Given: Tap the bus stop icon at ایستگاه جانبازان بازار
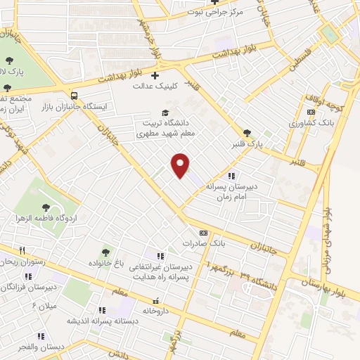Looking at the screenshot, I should (75, 94).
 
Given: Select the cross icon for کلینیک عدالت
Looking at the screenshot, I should (155, 75).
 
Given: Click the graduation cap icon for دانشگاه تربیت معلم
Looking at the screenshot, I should (165, 112).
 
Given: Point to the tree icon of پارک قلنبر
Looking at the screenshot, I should (246, 132).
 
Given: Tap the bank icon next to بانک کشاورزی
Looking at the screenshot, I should (310, 112).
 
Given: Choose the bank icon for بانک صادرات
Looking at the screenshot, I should (204, 233).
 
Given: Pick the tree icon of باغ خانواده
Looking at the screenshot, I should (105, 252).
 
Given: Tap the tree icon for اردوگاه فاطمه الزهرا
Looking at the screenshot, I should (46, 207).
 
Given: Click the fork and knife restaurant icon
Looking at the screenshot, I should (22, 250).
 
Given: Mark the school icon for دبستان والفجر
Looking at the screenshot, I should (40, 336).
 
